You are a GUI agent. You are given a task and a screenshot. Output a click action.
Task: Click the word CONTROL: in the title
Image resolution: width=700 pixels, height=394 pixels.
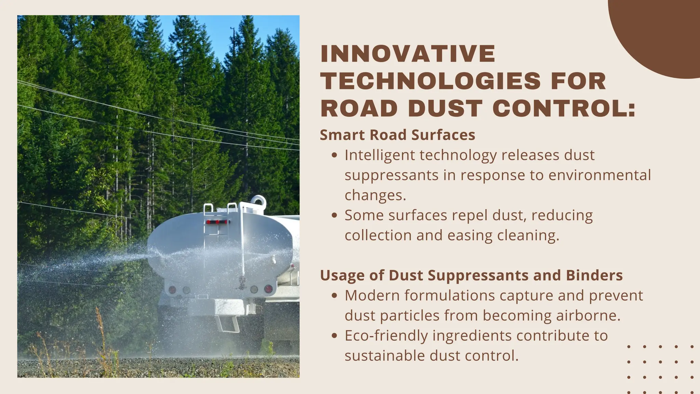point(564,108)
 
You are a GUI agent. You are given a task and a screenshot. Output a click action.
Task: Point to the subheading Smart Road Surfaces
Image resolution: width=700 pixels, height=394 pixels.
point(397,135)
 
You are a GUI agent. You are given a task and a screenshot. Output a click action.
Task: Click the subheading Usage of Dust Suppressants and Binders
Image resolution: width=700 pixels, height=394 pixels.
point(471,275)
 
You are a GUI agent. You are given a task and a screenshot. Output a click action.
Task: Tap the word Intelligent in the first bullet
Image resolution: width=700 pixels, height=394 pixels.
point(379,155)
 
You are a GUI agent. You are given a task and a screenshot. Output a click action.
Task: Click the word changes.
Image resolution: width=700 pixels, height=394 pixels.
point(375,195)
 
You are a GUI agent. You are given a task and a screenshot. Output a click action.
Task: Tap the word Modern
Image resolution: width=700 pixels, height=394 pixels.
point(372,295)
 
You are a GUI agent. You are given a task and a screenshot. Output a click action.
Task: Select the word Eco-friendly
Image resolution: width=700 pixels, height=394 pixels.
point(386,336)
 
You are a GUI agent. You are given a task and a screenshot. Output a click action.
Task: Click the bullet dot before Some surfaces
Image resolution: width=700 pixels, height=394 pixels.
point(335,215)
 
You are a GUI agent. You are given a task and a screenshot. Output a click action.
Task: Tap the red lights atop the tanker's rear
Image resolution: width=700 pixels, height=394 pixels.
point(217,222)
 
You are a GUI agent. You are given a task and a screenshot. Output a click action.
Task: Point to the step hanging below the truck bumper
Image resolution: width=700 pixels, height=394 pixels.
point(227,324)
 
